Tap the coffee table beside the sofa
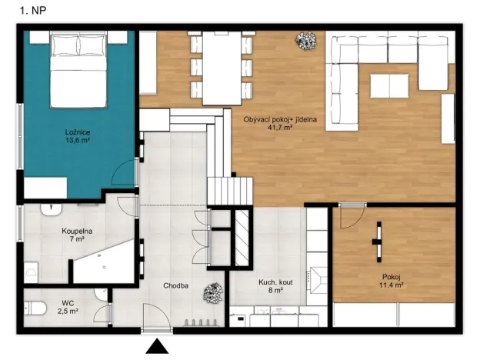(390, 85)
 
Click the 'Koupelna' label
(77, 230)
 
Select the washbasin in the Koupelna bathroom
(50, 208)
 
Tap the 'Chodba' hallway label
(176, 286)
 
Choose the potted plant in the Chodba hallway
(210, 292)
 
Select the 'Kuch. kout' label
(275, 282)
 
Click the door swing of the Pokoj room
(348, 217)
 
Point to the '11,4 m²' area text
(392, 284)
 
